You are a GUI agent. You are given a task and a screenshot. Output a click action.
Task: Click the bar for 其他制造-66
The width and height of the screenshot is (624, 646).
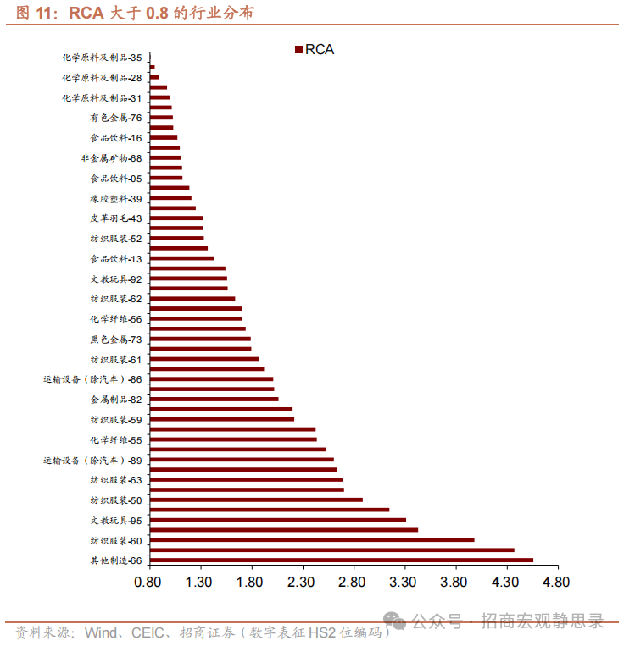341,560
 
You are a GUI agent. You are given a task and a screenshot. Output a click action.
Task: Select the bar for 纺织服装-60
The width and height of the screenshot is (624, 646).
311,539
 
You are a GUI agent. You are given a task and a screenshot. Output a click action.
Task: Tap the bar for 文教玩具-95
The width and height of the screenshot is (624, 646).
277,520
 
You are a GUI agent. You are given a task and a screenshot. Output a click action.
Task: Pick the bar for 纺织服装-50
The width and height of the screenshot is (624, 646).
255,500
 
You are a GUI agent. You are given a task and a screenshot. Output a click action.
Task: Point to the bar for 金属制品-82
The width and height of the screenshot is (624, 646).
214,399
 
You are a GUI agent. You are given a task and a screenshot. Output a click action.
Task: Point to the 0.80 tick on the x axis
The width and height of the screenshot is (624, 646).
148,583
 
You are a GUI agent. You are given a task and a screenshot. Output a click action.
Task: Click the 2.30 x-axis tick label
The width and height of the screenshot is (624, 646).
301,583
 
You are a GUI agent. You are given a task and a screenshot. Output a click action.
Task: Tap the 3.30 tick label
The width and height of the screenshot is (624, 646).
404,583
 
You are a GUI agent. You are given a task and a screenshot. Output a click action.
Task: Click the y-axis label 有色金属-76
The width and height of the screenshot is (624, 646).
115,118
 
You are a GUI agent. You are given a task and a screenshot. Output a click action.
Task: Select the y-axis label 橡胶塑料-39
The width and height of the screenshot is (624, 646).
115,198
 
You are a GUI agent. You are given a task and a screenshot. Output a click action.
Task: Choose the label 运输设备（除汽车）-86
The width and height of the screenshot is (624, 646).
92,378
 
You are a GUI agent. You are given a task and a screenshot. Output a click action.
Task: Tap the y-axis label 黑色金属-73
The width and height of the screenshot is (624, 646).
115,339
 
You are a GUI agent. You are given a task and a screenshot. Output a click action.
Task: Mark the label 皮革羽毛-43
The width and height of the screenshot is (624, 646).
115,218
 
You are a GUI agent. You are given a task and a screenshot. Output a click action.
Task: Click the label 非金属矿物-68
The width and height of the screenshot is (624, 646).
111,158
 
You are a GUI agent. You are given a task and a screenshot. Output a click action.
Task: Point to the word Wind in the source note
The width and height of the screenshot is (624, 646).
100,632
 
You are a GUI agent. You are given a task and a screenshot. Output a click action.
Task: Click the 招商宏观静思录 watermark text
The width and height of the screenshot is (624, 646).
543,622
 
